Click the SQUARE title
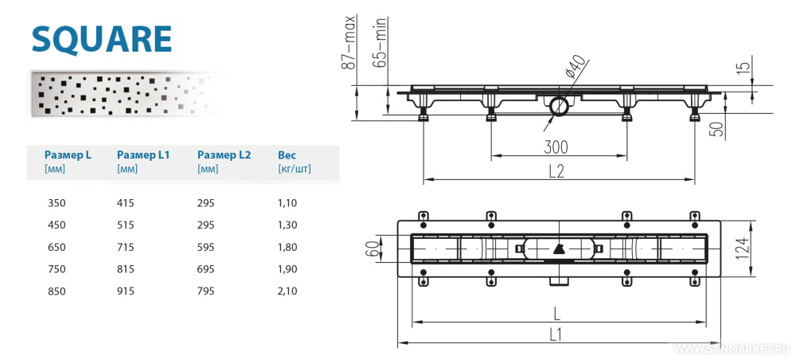pyautogui.click(x=102, y=37)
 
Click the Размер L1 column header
pyautogui.click(x=143, y=155)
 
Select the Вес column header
pyautogui.click(x=287, y=155)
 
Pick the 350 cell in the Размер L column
pyautogui.click(x=57, y=203)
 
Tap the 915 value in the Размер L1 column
pyautogui.click(x=126, y=291)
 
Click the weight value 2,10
pyautogui.click(x=287, y=291)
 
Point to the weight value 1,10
pyautogui.click(x=287, y=203)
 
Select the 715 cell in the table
pyautogui.click(x=126, y=247)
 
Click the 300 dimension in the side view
pyautogui.click(x=556, y=147)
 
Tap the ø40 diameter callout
pyautogui.click(x=576, y=67)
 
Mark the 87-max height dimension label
pyautogui.click(x=348, y=43)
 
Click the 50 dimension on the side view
pyautogui.click(x=716, y=127)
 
